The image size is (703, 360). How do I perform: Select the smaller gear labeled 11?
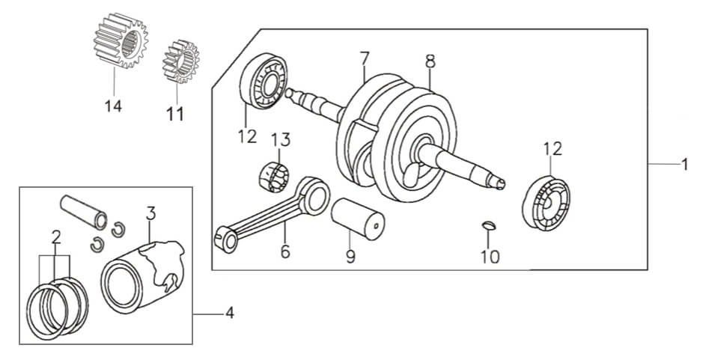[180, 62]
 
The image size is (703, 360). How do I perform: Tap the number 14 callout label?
[113, 107]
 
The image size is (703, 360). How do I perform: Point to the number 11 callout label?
[174, 115]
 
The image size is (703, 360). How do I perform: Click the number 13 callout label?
[279, 140]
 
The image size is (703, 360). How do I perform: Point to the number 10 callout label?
[490, 257]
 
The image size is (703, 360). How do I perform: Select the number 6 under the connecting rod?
[285, 251]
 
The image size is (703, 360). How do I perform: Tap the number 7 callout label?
[365, 57]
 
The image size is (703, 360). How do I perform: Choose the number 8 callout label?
[430, 61]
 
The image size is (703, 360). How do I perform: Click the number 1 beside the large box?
[684, 164]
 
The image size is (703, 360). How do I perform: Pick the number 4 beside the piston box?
[229, 314]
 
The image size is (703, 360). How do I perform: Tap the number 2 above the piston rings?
[55, 237]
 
